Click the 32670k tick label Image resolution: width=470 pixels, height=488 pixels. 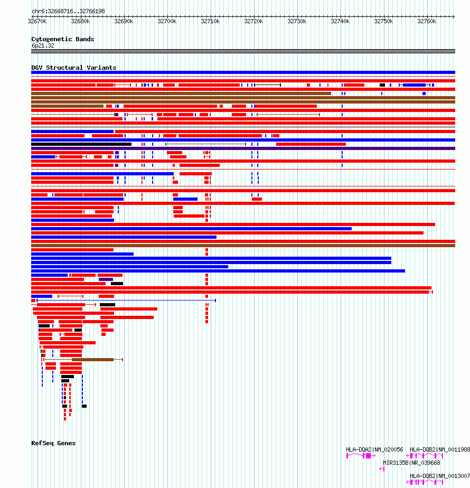coord(37,21)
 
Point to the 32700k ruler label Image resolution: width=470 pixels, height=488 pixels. coord(167,21)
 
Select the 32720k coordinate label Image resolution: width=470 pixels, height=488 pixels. coord(253,21)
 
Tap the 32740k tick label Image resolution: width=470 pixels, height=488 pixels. coord(340,21)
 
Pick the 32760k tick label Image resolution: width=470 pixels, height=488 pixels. coord(427,21)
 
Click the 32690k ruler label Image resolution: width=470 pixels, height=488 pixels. coord(124,21)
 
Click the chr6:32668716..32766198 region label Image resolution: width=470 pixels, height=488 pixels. coord(68,11)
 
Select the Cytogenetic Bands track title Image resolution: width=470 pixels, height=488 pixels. coord(62,39)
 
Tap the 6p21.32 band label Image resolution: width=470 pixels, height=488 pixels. coord(42,45)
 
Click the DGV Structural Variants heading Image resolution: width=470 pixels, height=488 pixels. coord(73,68)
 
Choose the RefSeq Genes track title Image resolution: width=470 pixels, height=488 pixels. coord(53,443)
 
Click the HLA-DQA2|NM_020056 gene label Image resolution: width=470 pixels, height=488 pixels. coord(374,449)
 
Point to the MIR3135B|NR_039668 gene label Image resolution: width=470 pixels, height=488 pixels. coord(411,463)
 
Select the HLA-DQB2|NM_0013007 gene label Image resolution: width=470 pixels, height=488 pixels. coord(440,476)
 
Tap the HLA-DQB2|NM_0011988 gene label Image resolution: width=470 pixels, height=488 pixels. coord(440,449)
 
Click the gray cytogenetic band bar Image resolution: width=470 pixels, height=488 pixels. coord(243,51)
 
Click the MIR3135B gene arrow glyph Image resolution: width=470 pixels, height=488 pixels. coord(381,469)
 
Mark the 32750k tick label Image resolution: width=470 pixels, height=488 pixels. coord(383,21)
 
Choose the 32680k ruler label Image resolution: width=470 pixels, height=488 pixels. coord(80,21)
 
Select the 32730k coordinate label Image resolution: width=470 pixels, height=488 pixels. coord(297,21)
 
